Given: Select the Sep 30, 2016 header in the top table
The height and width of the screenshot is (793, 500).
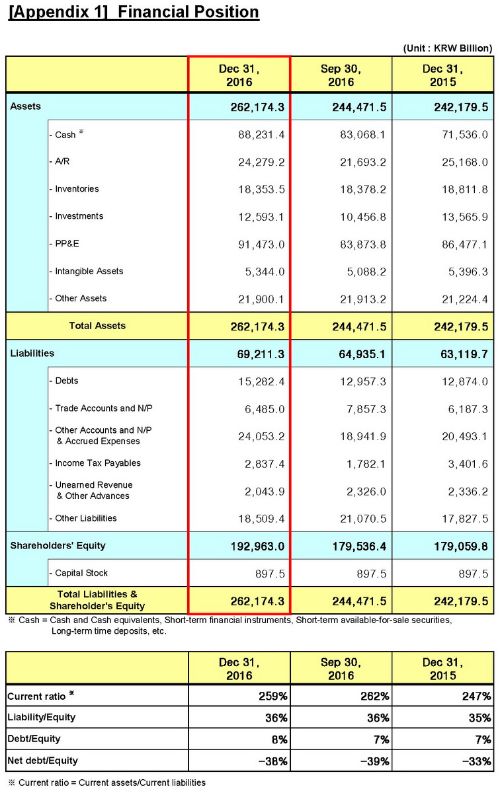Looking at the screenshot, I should click(x=341, y=75).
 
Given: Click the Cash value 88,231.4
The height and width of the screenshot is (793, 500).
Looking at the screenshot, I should click(x=261, y=134).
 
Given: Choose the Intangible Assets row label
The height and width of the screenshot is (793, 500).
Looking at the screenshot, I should click(x=89, y=271).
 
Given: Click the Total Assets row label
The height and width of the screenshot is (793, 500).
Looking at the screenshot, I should click(x=97, y=326).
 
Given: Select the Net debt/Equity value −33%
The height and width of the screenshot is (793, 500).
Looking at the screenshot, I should click(x=477, y=761).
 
